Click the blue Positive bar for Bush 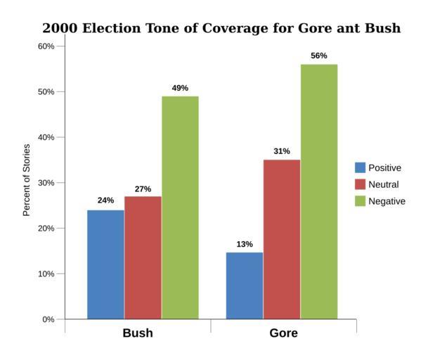tap(105, 264)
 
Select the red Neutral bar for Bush tap(143, 257)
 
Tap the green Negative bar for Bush tap(180, 207)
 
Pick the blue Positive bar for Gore tap(245, 285)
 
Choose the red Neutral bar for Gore tap(282, 239)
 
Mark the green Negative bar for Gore tap(319, 191)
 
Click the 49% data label tap(180, 88)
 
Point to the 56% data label tap(319, 56)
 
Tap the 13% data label tap(245, 244)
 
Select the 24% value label tap(105, 200)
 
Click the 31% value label tap(282, 151)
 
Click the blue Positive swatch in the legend tap(361, 167)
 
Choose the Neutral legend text tap(383, 185)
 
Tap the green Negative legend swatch tap(361, 201)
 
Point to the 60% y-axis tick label tap(46, 46)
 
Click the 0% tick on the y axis tap(48, 319)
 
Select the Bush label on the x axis tap(138, 333)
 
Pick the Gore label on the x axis tap(283, 333)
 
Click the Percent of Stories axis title tap(27, 179)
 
